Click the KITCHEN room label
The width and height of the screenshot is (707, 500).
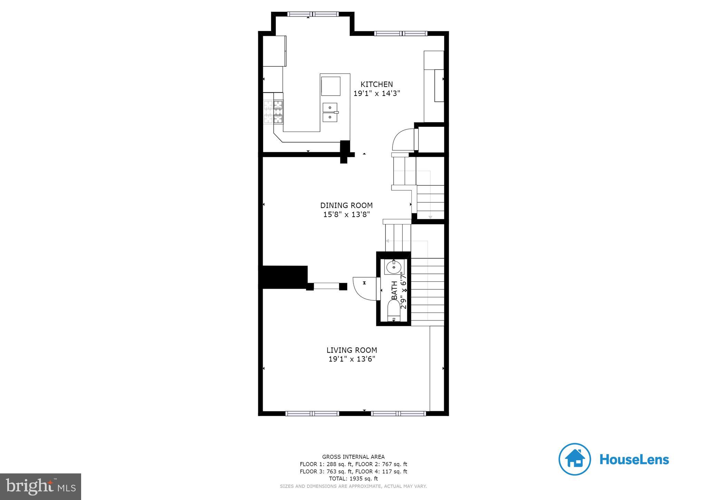[x=377, y=84]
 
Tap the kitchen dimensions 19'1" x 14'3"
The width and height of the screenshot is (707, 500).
[x=377, y=93]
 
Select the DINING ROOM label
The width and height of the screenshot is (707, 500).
[x=346, y=205]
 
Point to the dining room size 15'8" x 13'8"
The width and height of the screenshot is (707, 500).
[x=346, y=214]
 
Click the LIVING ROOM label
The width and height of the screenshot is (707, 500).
[x=351, y=350]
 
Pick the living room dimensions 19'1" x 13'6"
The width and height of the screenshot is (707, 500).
[x=351, y=359]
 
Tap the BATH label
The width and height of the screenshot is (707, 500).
[x=394, y=290]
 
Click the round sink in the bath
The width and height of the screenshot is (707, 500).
[x=393, y=267]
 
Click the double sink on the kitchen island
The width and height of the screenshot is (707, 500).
[x=330, y=113]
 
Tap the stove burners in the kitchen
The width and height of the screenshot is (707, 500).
[x=273, y=112]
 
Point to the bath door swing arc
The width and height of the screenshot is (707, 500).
[x=364, y=287]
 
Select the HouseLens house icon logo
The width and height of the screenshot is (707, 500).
[x=574, y=459]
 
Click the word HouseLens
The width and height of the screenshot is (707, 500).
[x=634, y=460]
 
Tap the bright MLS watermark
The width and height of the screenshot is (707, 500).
[x=40, y=487]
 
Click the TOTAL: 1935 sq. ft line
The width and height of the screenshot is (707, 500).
[x=353, y=479]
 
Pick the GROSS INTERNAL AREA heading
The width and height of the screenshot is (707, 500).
[x=353, y=457]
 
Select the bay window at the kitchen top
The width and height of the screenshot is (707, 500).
[x=313, y=14]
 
